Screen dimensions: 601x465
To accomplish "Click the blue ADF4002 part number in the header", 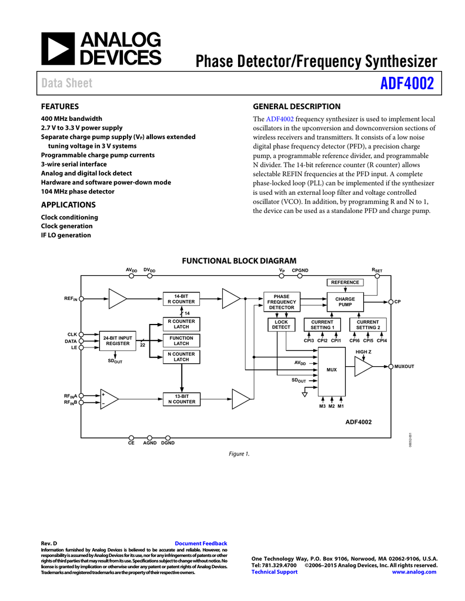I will [x=407, y=83].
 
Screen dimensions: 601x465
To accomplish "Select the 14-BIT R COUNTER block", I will [x=180, y=299].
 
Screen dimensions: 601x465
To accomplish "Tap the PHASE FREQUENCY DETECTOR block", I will [x=281, y=302].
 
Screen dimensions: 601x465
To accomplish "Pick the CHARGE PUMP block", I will [x=345, y=302].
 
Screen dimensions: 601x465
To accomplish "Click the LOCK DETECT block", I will [x=281, y=325].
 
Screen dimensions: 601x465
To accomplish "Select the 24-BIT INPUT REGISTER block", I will [x=118, y=340].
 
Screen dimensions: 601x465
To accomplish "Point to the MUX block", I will [x=332, y=370].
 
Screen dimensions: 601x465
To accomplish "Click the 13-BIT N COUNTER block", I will [x=181, y=399].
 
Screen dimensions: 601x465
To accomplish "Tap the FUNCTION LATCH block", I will [x=181, y=341].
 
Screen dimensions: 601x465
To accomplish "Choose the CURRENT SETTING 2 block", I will [x=367, y=325].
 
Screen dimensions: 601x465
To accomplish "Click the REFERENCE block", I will [x=344, y=282].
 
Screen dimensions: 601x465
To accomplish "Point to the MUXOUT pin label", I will [x=404, y=366].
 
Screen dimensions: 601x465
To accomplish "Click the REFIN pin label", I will [x=71, y=299].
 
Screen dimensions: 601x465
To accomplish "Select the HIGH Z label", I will [x=363, y=352].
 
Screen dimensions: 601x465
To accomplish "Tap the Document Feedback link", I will [x=201, y=543].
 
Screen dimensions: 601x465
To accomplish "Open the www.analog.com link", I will [x=414, y=572].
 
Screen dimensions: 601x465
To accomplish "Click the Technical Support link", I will [x=274, y=572].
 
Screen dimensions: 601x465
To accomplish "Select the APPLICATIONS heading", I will [x=68, y=205].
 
